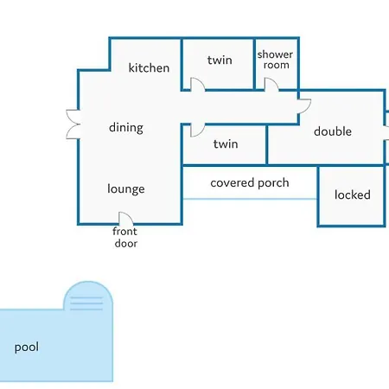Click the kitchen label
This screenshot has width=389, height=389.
[x=149, y=68]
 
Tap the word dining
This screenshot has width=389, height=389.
[x=126, y=128]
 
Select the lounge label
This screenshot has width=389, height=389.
[x=126, y=189]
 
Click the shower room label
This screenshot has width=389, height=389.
[x=275, y=60]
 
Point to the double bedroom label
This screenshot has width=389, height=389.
[x=333, y=131]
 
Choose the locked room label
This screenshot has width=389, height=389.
[x=353, y=194]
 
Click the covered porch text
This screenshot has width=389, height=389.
[x=250, y=183]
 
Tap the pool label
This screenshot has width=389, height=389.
[x=27, y=348]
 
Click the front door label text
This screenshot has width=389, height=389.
[x=125, y=237]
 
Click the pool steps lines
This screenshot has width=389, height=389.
[x=86, y=303]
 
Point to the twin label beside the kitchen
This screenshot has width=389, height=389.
[x=220, y=60]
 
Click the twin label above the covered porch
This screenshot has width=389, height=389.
[x=226, y=143]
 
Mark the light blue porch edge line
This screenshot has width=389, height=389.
[x=250, y=199]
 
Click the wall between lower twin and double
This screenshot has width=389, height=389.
[x=267, y=145]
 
